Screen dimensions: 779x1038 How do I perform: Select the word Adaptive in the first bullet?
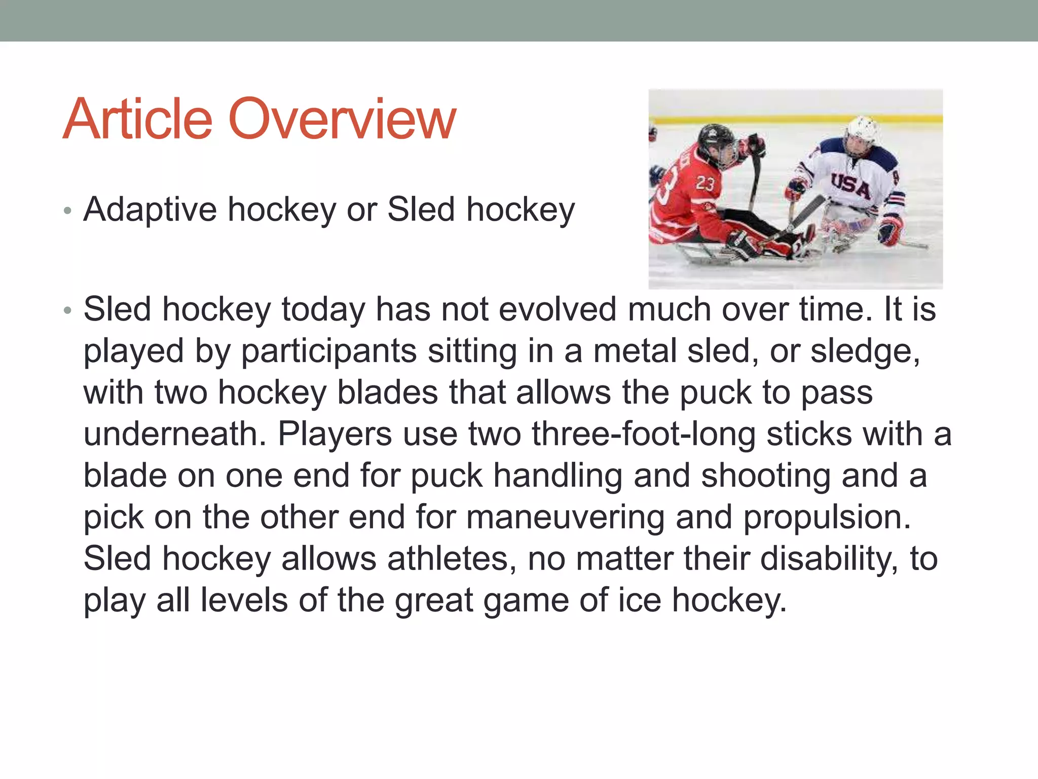click(x=150, y=209)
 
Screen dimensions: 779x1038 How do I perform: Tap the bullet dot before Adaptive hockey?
click(x=68, y=210)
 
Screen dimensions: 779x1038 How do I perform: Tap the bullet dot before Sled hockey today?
click(x=68, y=310)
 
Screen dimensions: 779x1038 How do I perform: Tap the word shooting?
click(x=766, y=476)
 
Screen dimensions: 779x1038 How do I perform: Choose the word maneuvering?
click(x=565, y=517)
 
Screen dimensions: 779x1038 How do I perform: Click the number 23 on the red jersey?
click(x=705, y=184)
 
